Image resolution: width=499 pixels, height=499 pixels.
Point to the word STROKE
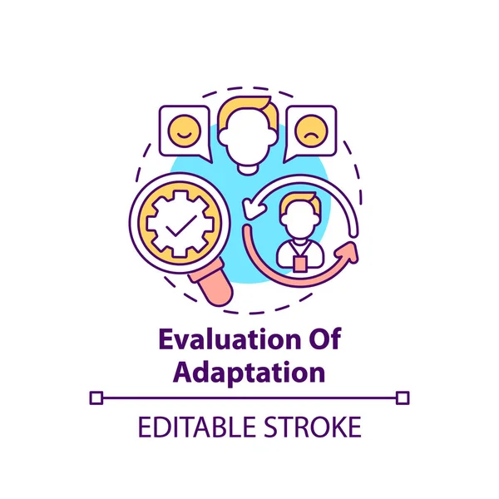[x=315, y=427]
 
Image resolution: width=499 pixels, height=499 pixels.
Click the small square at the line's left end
[x=96, y=398]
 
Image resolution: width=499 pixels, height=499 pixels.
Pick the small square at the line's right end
[x=403, y=398]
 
